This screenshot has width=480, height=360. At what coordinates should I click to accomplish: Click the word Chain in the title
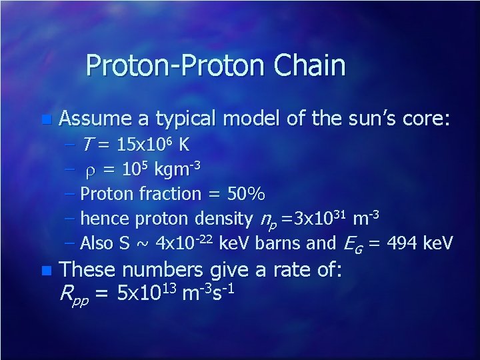point(311,66)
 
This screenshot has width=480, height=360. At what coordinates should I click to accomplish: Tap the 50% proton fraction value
point(246,194)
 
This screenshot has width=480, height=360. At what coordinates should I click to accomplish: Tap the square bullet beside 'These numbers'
point(45,271)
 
